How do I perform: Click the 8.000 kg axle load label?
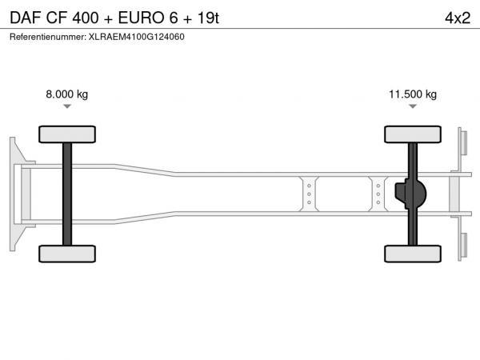coord(66,94)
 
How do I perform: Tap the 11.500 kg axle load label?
coord(413,94)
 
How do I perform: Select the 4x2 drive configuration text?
coord(458,18)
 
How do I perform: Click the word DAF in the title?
coord(26,18)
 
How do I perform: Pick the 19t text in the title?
coord(208,18)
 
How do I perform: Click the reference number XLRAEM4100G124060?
coord(137,37)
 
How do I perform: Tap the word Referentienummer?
coord(48,37)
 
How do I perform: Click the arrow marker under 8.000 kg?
coord(67,106)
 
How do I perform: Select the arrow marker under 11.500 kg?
coord(413,106)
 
